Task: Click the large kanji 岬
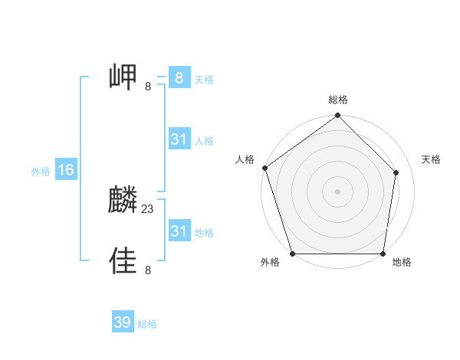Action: click(123, 77)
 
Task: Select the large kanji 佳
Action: click(123, 260)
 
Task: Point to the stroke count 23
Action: click(148, 208)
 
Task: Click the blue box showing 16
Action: click(65, 170)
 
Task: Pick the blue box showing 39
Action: click(123, 322)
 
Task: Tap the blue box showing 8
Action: click(179, 77)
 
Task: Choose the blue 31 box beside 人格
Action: click(179, 139)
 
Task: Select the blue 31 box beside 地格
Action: click(179, 231)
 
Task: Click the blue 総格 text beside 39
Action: click(147, 324)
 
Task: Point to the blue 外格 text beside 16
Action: click(41, 172)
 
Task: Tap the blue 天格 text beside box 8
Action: click(204, 79)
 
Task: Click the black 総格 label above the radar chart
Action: click(338, 100)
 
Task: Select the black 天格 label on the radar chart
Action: click(432, 159)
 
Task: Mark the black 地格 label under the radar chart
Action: click(402, 263)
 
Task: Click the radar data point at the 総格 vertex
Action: click(338, 116)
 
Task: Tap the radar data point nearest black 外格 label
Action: click(293, 254)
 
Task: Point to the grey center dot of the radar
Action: click(338, 191)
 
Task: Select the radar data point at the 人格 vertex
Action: click(264, 168)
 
